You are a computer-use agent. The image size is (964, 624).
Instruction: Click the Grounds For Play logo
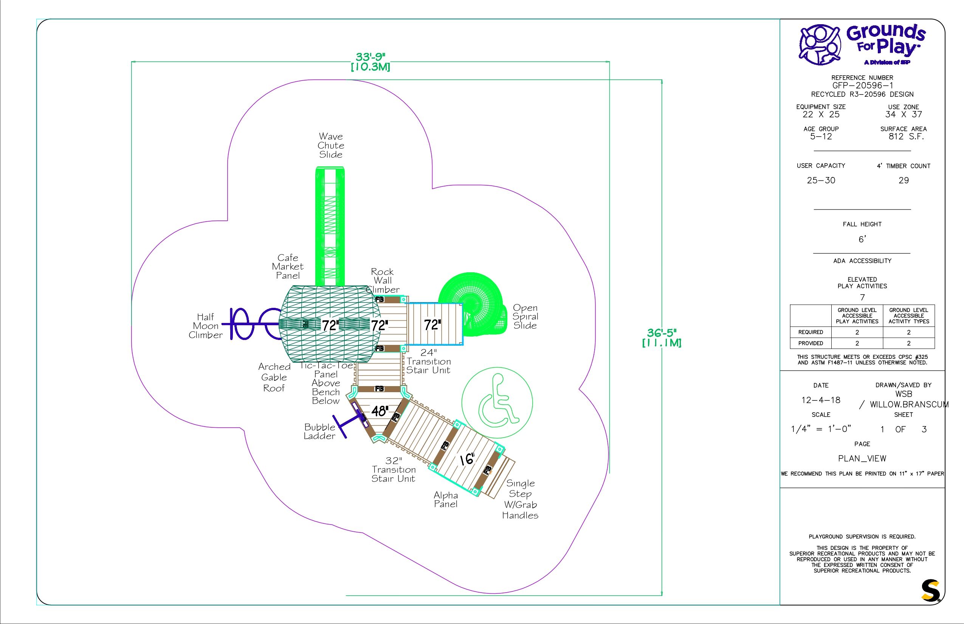point(862,45)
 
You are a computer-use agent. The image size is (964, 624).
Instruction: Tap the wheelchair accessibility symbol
point(497,403)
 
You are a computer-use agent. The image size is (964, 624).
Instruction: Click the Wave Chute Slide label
point(331,146)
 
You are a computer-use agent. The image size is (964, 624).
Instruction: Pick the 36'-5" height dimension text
point(662,337)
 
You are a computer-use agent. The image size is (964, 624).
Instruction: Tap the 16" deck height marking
point(467,459)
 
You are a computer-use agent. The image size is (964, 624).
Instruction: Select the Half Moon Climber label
point(206,326)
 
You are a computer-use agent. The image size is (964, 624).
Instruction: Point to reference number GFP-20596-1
point(862,85)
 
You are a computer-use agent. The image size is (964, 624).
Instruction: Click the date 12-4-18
point(821,400)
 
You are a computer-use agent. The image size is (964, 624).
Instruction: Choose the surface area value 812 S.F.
point(903,137)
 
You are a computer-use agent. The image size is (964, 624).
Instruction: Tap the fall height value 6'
point(862,239)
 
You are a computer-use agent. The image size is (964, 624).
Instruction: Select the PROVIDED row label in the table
point(811,343)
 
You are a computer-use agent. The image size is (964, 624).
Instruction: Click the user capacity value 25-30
point(821,180)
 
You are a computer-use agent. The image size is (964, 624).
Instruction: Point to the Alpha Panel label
point(446,500)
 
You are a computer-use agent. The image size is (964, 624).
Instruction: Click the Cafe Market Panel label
point(288,267)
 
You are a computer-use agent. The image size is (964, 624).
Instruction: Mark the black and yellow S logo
point(930,591)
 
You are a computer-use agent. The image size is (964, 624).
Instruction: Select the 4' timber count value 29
point(903,180)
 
